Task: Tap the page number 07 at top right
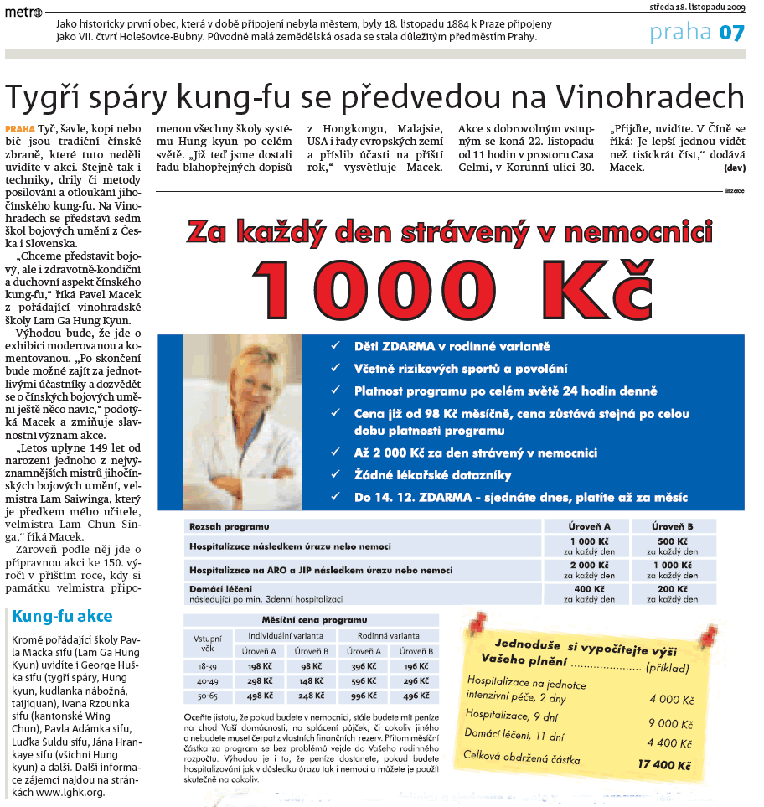[x=730, y=33]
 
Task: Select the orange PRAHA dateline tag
[x=20, y=128]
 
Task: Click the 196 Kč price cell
[x=416, y=665]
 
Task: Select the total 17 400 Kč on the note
[x=664, y=765]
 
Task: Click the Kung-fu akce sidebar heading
[x=62, y=617]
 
